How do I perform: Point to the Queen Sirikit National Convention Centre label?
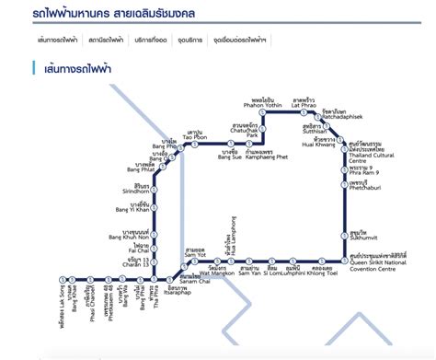[x=379, y=259]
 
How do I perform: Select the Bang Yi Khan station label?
[x=140, y=207]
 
